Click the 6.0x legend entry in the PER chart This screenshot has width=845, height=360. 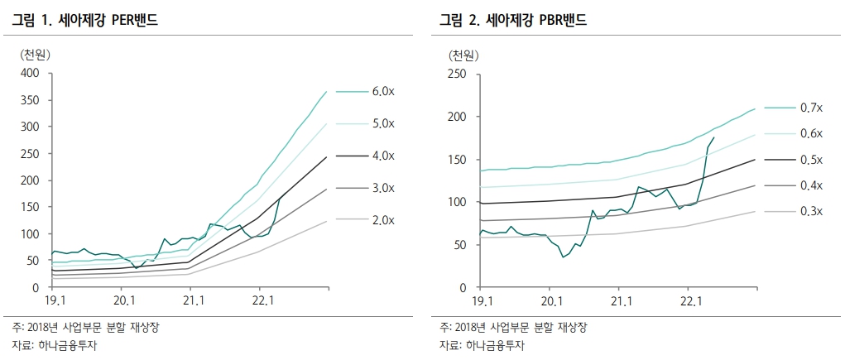tap(382, 91)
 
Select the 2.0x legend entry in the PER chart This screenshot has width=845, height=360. tap(382, 220)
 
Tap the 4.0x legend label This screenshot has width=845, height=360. tap(382, 156)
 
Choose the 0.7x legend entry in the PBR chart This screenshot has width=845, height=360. tap(811, 108)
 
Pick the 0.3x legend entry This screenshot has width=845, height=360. tap(811, 212)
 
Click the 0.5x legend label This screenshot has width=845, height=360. tap(811, 160)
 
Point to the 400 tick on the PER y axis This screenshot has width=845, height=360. tap(30, 73)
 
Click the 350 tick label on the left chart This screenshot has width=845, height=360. tap(30, 100)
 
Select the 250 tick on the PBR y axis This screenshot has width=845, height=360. tap(459, 74)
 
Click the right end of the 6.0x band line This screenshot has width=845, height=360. tap(326, 92)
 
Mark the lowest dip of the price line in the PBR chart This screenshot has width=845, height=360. tap(564, 257)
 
